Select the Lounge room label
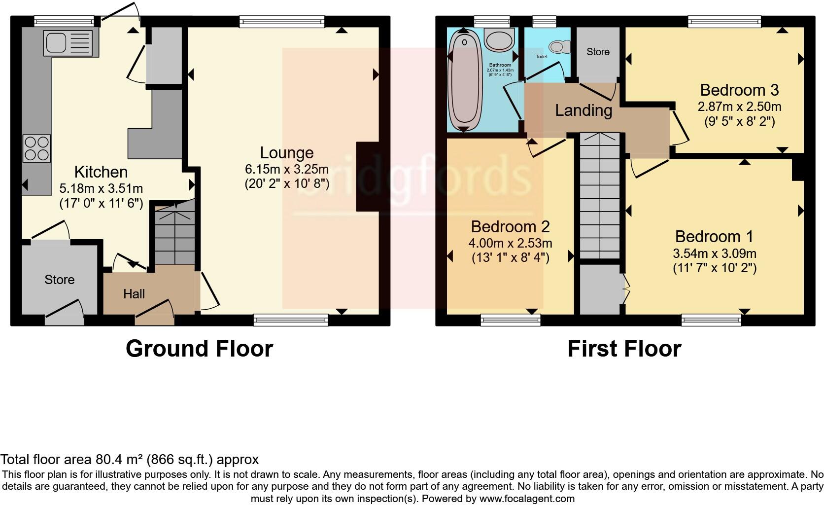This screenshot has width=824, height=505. point(287,153)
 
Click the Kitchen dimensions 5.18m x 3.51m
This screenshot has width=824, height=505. point(101,188)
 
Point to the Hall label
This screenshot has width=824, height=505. point(134,294)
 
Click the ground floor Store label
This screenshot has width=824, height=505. point(60,280)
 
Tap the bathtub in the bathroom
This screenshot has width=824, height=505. point(464,80)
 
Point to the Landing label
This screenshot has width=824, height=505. point(584,110)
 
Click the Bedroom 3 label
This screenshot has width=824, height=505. point(739,90)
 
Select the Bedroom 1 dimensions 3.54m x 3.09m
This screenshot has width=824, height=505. point(715,253)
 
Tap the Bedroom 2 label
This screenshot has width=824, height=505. point(510,227)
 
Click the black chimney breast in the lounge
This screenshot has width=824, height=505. point(367,177)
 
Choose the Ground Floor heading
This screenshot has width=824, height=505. point(199,349)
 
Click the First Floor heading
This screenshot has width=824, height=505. point(624,349)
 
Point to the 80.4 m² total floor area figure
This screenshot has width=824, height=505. point(118,460)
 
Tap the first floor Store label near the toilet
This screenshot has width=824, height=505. point(598,52)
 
